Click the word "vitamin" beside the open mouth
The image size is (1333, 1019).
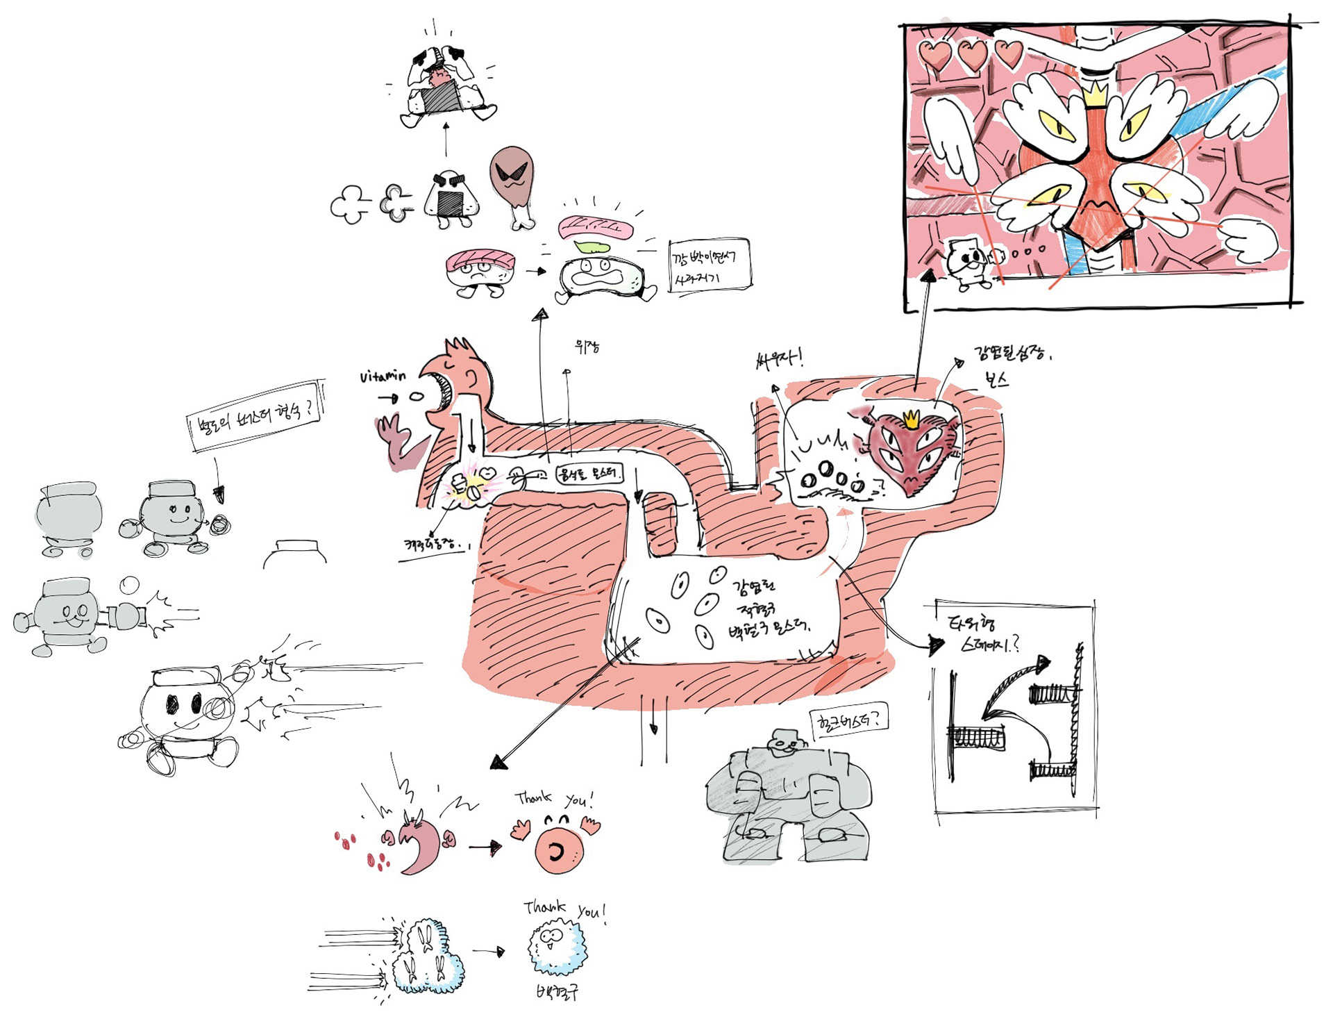coord(383,376)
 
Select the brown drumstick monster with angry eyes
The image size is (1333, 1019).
coord(514,181)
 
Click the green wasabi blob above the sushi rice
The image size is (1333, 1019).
coord(592,247)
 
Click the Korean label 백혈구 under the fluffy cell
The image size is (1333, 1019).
coord(557,991)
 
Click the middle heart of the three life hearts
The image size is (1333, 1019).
coord(972,54)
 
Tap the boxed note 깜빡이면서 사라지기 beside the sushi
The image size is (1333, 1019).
coord(709,267)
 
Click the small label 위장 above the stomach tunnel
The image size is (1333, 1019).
coord(587,346)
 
